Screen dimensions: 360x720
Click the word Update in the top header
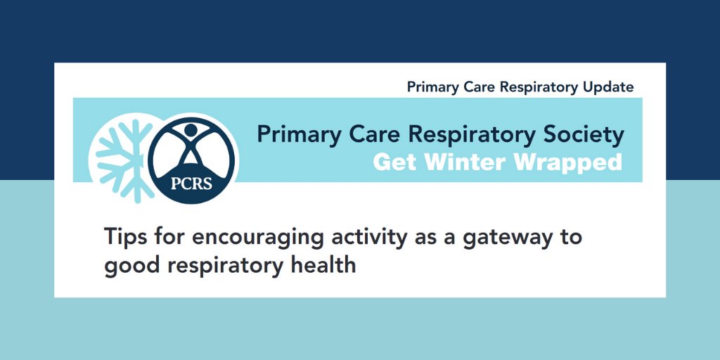[608, 87]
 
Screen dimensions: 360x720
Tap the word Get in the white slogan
[393, 162]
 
